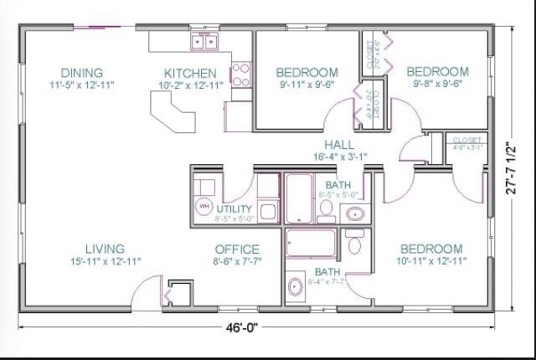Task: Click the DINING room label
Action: (x=82, y=73)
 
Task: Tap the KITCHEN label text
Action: (x=190, y=74)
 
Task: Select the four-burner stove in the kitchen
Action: (x=240, y=75)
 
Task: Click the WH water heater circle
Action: (x=204, y=206)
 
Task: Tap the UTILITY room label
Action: (x=234, y=208)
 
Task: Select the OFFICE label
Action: (x=237, y=249)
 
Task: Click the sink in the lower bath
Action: (x=295, y=287)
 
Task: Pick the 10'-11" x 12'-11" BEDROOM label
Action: (x=430, y=249)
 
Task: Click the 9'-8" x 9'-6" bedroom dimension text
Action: (x=436, y=84)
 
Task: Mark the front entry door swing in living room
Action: (x=142, y=290)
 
